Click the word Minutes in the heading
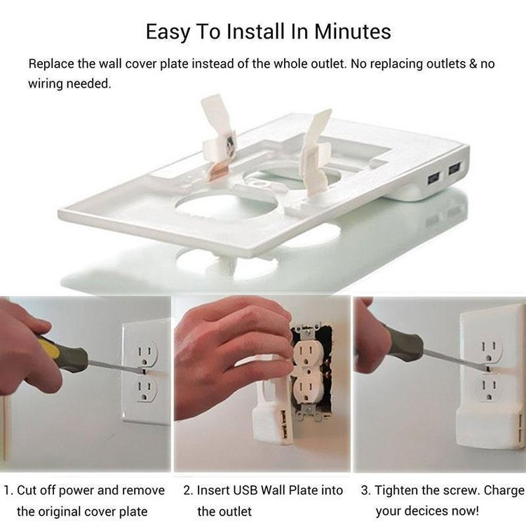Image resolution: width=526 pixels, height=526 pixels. [352, 32]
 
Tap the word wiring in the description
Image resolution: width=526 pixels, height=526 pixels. [46, 84]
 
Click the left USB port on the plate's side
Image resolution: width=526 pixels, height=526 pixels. [433, 178]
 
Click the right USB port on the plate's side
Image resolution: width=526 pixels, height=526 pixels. [454, 168]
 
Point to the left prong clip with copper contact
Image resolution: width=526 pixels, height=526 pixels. [219, 137]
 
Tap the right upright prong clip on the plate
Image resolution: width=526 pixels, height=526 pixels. [316, 153]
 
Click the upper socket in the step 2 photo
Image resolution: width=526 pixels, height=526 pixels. [306, 350]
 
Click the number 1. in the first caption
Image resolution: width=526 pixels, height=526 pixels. [8, 490]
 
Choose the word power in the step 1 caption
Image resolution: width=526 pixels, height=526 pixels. [76, 491]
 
